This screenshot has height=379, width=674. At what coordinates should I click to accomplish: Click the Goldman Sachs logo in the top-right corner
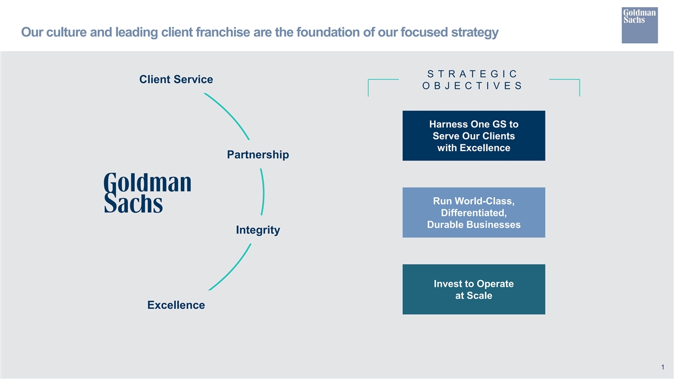[640, 25]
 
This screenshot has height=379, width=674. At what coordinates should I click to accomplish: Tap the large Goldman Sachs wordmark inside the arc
[147, 193]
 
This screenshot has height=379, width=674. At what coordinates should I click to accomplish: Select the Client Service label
[176, 79]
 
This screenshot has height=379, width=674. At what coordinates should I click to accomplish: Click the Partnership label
[258, 154]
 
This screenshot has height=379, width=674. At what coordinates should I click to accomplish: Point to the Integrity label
[258, 230]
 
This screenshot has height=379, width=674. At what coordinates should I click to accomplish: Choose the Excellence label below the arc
[176, 305]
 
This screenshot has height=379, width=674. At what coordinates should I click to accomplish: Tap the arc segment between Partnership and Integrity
[263, 192]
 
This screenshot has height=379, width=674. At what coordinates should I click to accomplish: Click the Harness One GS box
[474, 136]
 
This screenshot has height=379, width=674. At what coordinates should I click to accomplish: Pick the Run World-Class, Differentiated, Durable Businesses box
[474, 213]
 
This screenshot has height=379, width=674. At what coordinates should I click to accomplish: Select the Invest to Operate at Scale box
[474, 289]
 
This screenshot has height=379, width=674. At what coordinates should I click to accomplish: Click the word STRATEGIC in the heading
[472, 74]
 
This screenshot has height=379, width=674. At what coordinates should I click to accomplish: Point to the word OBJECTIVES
[472, 86]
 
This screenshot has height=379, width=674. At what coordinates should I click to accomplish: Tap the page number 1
[663, 367]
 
